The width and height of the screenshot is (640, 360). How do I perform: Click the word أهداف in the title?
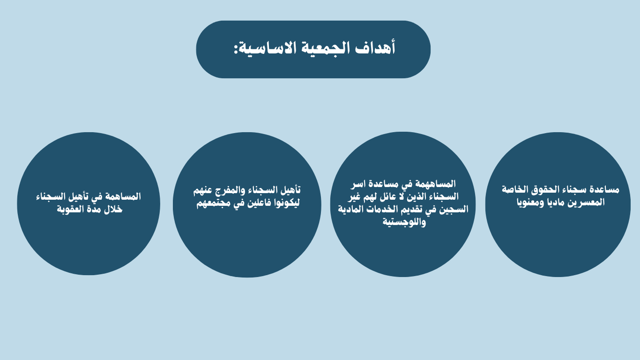[375, 48]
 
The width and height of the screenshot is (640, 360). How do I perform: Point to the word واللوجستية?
[404, 222]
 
